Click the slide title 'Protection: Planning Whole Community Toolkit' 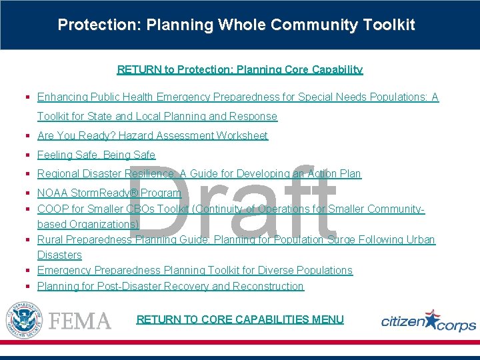pyautogui.click(x=236, y=25)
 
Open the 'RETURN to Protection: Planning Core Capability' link pyautogui.click(x=240, y=69)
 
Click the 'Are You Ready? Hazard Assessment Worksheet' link pyautogui.click(x=153, y=135)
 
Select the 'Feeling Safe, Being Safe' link pyautogui.click(x=96, y=155)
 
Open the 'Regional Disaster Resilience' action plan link pyautogui.click(x=199, y=173)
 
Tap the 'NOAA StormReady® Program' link pyautogui.click(x=109, y=193)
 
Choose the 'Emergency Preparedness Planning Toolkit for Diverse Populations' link pyautogui.click(x=195, y=270)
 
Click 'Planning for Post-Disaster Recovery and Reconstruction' pyautogui.click(x=170, y=286)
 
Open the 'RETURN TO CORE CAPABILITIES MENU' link pyautogui.click(x=240, y=319)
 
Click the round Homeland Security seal pyautogui.click(x=23, y=319)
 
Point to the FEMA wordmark pyautogui.click(x=80, y=321)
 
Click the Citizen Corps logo pyautogui.click(x=428, y=321)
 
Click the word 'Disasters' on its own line pyautogui.click(x=59, y=255)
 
